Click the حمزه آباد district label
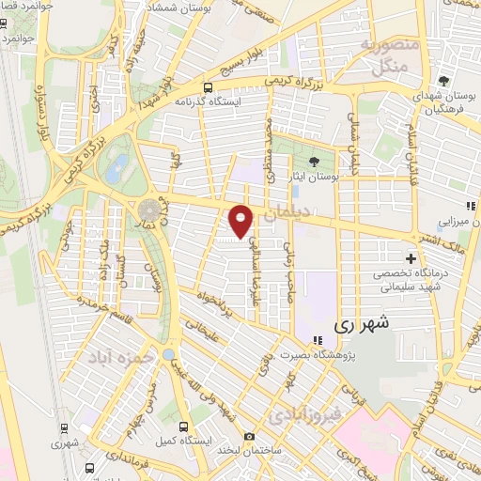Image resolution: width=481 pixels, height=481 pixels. [x=120, y=360]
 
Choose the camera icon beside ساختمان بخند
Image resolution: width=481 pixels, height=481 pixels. [x=249, y=436]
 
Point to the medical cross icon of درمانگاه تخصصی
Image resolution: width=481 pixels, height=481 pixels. [x=411, y=258]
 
